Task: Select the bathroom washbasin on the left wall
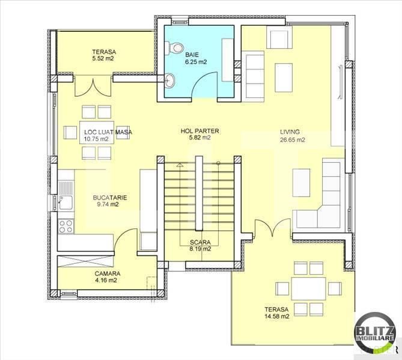[x=170, y=80]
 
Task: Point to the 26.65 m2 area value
[x=292, y=140]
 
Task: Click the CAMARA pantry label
[x=106, y=273]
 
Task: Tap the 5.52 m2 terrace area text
[x=104, y=59]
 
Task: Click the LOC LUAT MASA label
[x=108, y=132]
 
